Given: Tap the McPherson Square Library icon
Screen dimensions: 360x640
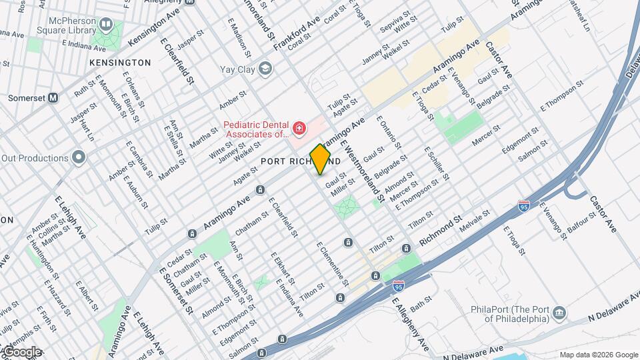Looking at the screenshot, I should [x=105, y=25].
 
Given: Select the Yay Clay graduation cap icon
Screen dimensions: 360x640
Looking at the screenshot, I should [x=266, y=69].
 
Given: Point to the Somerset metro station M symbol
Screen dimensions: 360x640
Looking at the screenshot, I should [x=53, y=97].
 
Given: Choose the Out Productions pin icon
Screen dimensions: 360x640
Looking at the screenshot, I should [x=79, y=158].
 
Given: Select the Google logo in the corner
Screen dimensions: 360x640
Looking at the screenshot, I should [x=21, y=352].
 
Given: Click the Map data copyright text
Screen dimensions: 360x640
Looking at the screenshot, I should [x=599, y=354].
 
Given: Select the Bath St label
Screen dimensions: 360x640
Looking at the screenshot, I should [x=421, y=307].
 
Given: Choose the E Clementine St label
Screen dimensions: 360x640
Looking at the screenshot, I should [x=332, y=264].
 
